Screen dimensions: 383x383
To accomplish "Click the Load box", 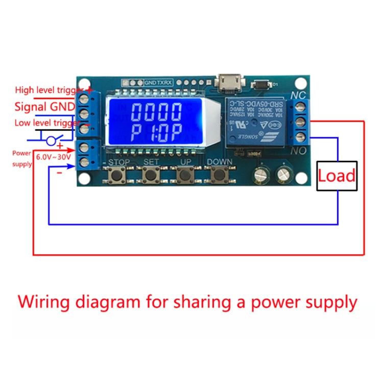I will click(337, 176).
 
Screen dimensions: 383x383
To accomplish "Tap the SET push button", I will click(150, 175).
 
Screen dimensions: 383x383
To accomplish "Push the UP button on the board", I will click(184, 175).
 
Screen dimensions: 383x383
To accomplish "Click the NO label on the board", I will click(298, 151).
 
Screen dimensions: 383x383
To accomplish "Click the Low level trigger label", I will click(47, 123).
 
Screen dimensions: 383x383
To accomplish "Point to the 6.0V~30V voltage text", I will click(53, 157).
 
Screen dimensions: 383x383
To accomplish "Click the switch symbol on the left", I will click(52, 140).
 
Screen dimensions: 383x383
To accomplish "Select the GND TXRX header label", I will click(157, 82).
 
